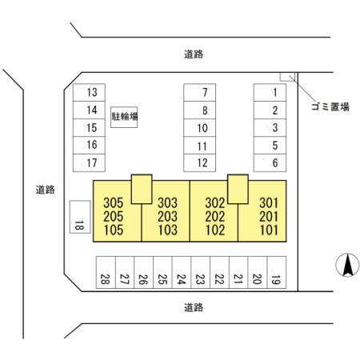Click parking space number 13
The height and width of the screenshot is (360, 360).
pyautogui.click(x=89, y=92)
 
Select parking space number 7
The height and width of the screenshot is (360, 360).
pyautogui.click(x=199, y=92)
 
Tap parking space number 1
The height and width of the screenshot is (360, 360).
pyautogui.click(x=270, y=92)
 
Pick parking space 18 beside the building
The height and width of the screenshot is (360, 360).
pyautogui.click(x=80, y=217)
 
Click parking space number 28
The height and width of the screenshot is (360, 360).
pyautogui.click(x=106, y=272)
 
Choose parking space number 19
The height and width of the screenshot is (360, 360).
pyautogui.click(x=277, y=272)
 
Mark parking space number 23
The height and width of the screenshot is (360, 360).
pyautogui.click(x=201, y=272)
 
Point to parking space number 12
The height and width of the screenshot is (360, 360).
pyautogui.click(x=199, y=162)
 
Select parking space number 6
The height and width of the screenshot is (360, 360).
pyautogui.click(x=270, y=162)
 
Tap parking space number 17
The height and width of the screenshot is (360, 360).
pyautogui.click(x=89, y=162)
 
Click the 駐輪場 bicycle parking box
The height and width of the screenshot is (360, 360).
pyautogui.click(x=124, y=117)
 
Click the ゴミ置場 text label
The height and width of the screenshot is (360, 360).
pyautogui.click(x=330, y=106)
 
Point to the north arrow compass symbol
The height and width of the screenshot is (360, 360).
pyautogui.click(x=347, y=265)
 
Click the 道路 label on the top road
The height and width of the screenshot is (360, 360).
pyautogui.click(x=194, y=54)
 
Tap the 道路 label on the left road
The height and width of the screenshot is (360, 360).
pyautogui.click(x=46, y=190)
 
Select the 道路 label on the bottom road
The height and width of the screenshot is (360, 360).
pyautogui.click(x=194, y=308)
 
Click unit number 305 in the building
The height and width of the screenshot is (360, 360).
pyautogui.click(x=114, y=202)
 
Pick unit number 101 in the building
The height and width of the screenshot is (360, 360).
pyautogui.click(x=269, y=230)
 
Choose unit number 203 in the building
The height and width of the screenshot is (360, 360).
pyautogui.click(x=167, y=217)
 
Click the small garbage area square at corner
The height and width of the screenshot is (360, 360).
pyautogui.click(x=287, y=77)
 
